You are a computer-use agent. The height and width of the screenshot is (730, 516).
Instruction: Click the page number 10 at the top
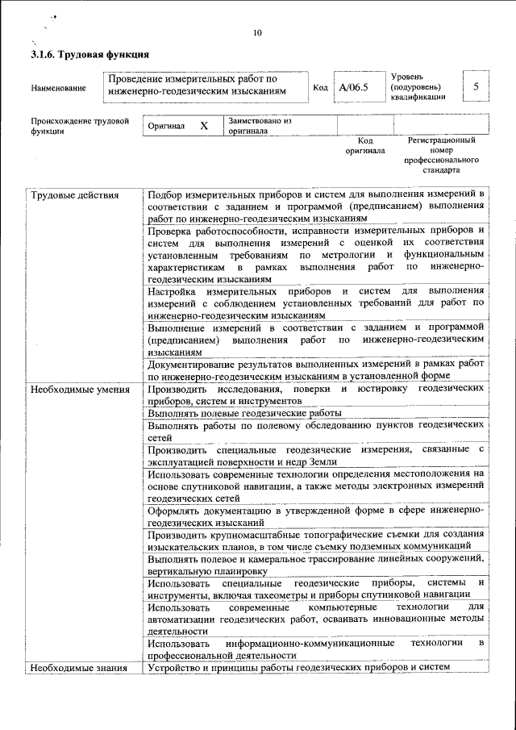pyautogui.click(x=258, y=33)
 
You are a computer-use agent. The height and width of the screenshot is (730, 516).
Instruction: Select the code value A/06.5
pyautogui.click(x=353, y=86)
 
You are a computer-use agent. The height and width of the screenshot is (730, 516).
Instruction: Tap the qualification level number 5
pyautogui.click(x=477, y=86)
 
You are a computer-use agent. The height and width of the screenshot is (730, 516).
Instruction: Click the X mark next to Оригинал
pyautogui.click(x=204, y=127)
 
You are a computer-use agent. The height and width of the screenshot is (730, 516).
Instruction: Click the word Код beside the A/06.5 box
pyautogui.click(x=320, y=86)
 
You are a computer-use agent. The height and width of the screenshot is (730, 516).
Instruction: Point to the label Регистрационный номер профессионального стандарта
pyautogui.click(x=442, y=156)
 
